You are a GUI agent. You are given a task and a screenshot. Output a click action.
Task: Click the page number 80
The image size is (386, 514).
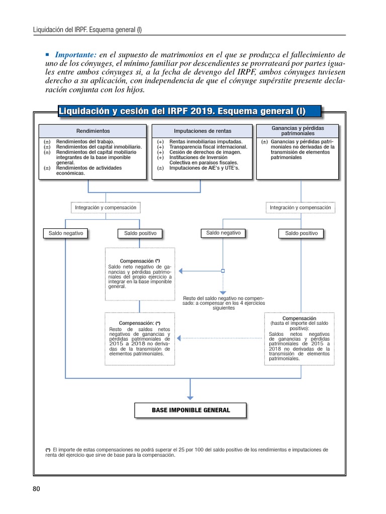point(36,489)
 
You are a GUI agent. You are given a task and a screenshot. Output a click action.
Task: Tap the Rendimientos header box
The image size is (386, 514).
point(93,131)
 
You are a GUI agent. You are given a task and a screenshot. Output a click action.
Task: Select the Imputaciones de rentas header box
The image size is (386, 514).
point(203,131)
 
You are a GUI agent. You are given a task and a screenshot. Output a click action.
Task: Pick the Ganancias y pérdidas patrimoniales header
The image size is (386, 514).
point(298,131)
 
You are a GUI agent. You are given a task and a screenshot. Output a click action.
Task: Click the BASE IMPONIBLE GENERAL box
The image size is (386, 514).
point(190,410)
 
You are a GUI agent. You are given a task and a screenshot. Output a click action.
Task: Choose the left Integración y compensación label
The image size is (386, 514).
point(106,207)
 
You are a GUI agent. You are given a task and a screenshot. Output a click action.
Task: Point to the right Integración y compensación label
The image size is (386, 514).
point(300,207)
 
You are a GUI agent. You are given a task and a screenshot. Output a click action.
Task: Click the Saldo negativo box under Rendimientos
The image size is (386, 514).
point(65,233)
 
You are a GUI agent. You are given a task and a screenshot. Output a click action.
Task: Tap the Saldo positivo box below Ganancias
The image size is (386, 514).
point(301,233)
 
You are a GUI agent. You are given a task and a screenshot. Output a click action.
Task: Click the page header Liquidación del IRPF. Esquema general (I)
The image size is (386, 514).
point(87,29)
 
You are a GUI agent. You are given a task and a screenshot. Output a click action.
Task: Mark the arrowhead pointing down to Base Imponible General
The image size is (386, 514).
point(190,397)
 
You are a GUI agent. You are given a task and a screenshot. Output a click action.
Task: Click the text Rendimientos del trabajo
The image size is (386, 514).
point(85,142)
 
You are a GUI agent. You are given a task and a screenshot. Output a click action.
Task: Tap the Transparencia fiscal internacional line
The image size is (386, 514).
point(208,147)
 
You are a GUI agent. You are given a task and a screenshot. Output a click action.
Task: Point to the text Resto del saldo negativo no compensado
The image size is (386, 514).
point(223,303)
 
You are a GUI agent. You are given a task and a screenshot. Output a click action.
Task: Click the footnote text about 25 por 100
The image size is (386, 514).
point(186,452)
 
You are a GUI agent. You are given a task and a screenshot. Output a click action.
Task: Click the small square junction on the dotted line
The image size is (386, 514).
point(223,271)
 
